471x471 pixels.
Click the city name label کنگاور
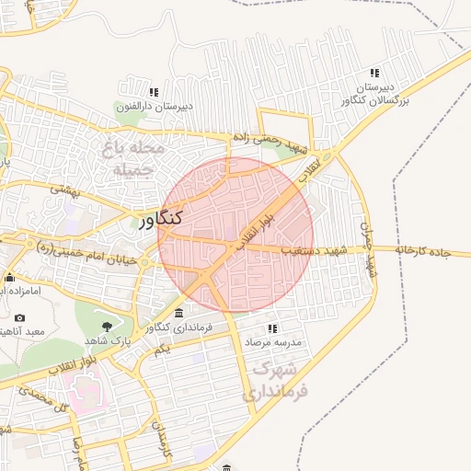pos(161,219)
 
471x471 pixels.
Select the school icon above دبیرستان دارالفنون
pos(154,92)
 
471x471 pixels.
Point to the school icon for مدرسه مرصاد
pos(271,328)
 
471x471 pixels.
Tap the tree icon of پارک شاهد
pos(107,326)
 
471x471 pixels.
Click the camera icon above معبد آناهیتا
pos(20,318)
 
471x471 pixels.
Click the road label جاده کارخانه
pos(432,249)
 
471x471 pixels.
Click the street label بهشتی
pos(66,190)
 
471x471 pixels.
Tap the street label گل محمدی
pos(52,397)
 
